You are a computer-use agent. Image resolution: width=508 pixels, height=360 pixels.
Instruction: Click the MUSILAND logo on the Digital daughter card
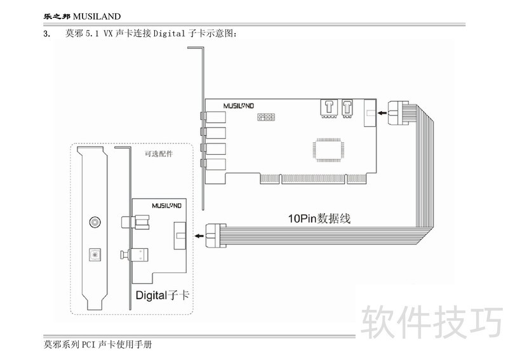(x=168, y=206)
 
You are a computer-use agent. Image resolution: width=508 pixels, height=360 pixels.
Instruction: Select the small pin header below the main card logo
(x=265, y=118)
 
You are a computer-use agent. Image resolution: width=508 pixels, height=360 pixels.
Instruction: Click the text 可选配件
(x=159, y=154)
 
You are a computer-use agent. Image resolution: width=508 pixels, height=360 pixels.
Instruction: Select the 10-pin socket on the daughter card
(x=179, y=236)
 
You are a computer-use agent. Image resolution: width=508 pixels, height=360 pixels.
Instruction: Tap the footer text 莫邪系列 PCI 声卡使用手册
(x=98, y=345)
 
